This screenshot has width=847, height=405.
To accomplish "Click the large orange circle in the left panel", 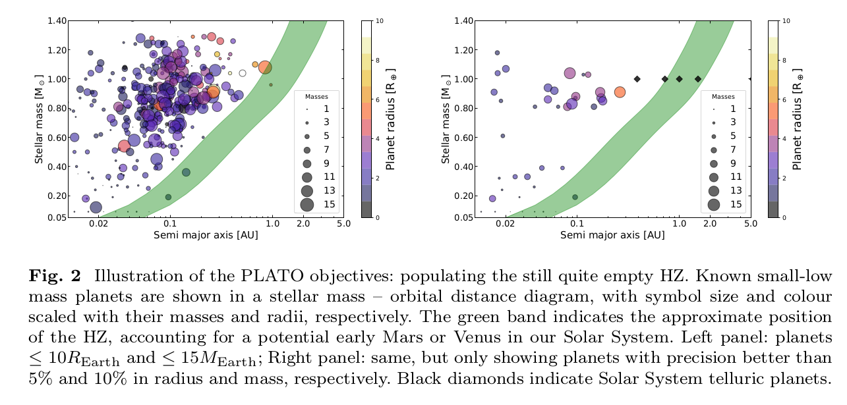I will tap(265, 67).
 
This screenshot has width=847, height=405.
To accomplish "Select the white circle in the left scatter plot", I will tap(243, 73).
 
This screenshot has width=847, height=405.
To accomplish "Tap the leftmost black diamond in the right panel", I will tap(637, 79).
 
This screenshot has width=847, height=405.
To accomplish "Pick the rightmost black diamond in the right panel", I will tap(697, 79).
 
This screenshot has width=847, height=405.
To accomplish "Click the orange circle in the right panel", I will tap(620, 92).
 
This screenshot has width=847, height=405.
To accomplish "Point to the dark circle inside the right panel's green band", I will tap(575, 197).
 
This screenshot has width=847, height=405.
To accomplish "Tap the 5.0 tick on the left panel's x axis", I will tap(343, 225).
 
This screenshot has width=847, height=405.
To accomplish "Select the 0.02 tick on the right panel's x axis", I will tap(506, 225).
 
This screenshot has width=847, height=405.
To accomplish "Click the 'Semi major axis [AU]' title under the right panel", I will tap(612, 235).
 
